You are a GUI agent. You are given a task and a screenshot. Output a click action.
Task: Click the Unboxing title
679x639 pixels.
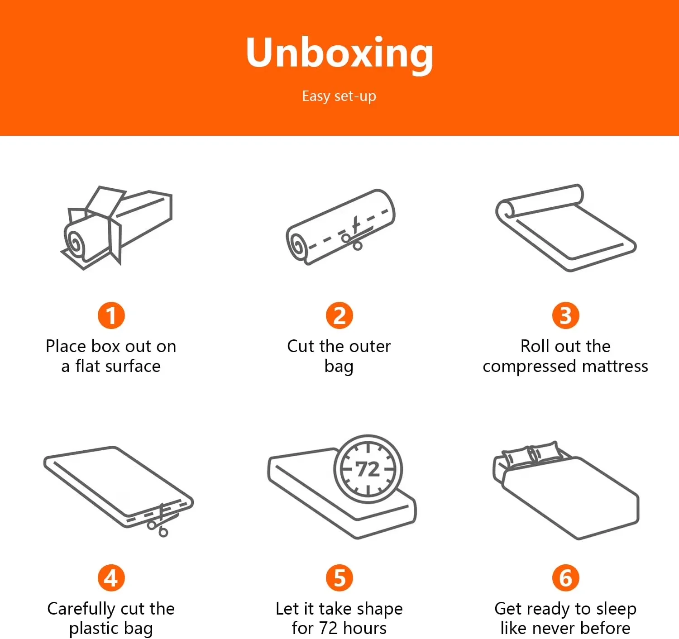click(x=339, y=54)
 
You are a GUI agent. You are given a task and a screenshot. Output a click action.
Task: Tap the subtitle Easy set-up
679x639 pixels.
click(x=339, y=96)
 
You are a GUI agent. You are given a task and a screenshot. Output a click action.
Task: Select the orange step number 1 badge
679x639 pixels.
click(x=111, y=315)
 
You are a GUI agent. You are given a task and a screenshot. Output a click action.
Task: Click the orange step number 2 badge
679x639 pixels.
click(x=339, y=315)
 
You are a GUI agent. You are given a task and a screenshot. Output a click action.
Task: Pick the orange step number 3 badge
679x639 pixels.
click(x=565, y=315)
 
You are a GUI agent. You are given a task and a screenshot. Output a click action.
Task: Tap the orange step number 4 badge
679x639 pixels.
click(x=111, y=578)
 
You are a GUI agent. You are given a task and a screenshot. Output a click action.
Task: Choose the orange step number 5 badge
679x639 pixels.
click(x=339, y=578)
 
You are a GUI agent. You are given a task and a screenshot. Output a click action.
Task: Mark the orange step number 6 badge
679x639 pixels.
click(x=565, y=578)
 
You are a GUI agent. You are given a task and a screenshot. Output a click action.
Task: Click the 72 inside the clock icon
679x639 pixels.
click(x=368, y=469)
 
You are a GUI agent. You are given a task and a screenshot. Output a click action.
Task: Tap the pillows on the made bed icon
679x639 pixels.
click(x=530, y=455)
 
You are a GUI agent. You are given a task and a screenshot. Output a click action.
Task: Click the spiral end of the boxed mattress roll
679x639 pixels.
click(x=75, y=243)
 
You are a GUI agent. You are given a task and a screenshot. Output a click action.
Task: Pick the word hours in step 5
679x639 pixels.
click(x=364, y=628)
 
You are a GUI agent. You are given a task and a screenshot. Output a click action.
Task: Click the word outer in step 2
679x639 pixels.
click(x=371, y=346)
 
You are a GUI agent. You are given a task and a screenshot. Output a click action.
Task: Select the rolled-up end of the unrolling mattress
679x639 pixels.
click(x=505, y=209)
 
